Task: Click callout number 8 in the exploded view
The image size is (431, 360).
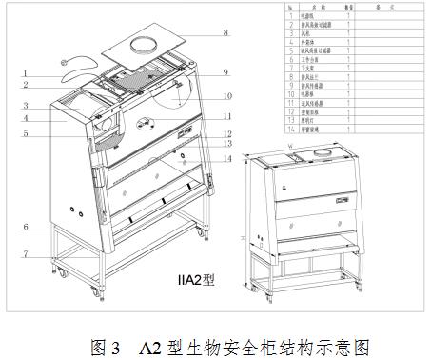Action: coord(225,33)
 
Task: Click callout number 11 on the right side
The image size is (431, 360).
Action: coord(226,116)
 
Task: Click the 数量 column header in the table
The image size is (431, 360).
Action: coord(349,6)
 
